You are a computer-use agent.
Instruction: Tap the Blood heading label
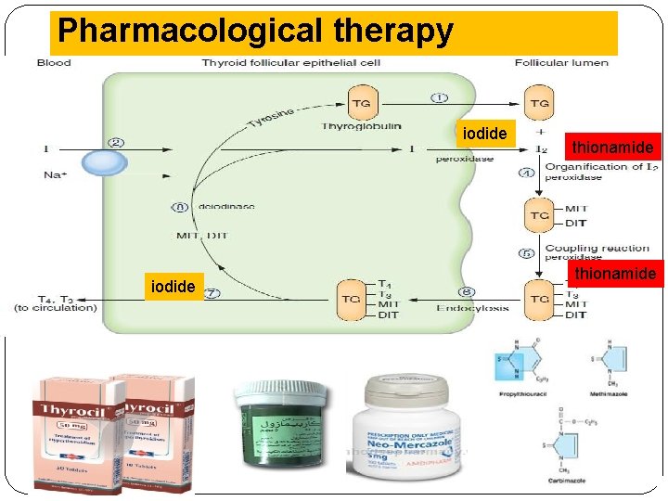pyautogui.click(x=54, y=63)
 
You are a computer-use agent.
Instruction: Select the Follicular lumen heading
pyautogui.click(x=561, y=63)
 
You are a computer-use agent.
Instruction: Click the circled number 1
pyautogui.click(x=439, y=96)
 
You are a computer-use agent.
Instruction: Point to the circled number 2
pyautogui.click(x=116, y=142)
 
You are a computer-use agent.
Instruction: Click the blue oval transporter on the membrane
pyautogui.click(x=104, y=162)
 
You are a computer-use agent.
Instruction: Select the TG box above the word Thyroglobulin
pyautogui.click(x=362, y=103)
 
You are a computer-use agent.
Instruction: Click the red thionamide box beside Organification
pyautogui.click(x=612, y=147)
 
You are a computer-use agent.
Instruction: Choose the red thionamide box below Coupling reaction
pyautogui.click(x=615, y=273)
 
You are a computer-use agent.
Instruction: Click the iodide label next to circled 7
pyautogui.click(x=173, y=287)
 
